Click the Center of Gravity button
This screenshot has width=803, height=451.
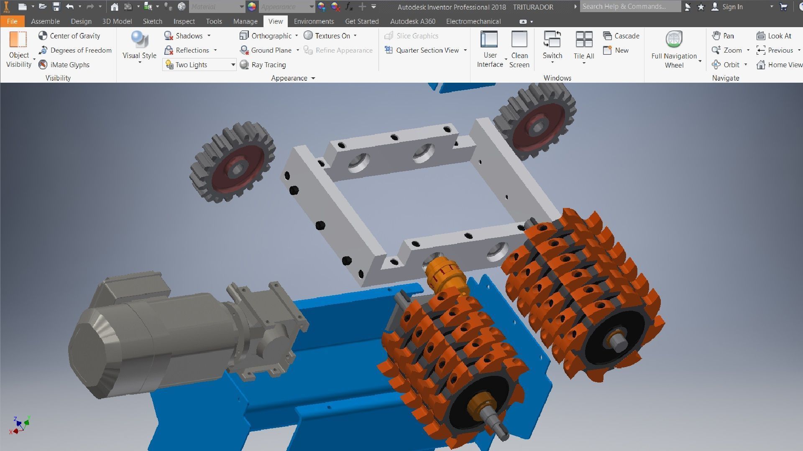69,36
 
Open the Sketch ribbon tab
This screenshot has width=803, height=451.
152,21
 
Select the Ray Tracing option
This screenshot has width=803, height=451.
263,65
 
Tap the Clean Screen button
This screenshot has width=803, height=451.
519,49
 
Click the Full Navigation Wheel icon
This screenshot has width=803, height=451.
674,40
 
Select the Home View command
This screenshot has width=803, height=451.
780,65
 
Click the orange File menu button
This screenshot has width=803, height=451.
12,21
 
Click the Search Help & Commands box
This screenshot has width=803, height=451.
629,7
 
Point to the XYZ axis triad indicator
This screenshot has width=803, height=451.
20,425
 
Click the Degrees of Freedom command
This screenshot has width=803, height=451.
75,50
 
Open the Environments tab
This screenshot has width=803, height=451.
314,21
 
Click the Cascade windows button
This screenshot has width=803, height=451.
621,36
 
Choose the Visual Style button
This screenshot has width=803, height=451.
139,46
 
